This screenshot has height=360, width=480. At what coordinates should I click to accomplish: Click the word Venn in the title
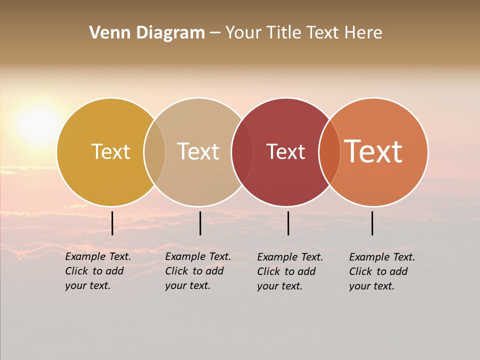108,33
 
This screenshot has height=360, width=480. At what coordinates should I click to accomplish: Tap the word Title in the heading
283,33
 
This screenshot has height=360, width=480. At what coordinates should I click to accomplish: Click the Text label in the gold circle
110,151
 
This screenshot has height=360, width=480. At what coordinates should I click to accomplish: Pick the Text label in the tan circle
198,151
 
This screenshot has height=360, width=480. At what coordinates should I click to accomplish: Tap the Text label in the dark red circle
285,151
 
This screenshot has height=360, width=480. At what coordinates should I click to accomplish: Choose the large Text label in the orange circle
373,151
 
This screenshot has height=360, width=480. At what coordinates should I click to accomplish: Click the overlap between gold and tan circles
154,152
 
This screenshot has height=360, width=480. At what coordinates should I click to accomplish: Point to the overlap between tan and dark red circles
242,152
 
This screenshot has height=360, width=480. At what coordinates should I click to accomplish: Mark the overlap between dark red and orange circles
329,152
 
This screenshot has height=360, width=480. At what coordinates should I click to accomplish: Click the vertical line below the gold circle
112,223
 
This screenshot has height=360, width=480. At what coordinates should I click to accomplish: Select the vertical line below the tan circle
200,223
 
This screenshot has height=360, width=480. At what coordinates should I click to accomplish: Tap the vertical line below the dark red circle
288,223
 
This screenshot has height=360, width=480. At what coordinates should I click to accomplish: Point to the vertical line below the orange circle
372,223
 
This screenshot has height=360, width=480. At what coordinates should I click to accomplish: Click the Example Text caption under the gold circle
98,271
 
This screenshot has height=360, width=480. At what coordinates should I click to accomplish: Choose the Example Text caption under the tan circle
198,271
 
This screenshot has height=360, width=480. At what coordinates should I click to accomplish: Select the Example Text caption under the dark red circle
290,271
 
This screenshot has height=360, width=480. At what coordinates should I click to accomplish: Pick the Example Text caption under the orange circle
382,271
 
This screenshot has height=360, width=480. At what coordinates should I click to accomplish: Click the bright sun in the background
38,124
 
